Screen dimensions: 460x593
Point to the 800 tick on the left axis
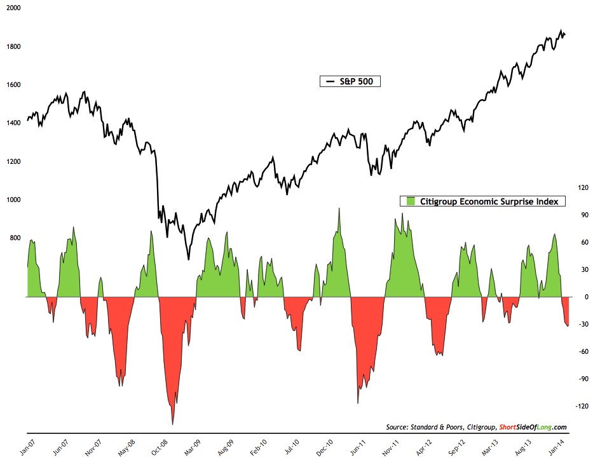(x=14, y=238)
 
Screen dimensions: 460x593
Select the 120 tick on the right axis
(x=582, y=187)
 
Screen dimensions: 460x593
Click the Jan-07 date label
(x=25, y=443)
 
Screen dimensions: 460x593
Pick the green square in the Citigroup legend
(x=410, y=201)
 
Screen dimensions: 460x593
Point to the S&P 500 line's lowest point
(x=188, y=259)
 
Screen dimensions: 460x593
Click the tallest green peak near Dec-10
(x=339, y=208)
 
